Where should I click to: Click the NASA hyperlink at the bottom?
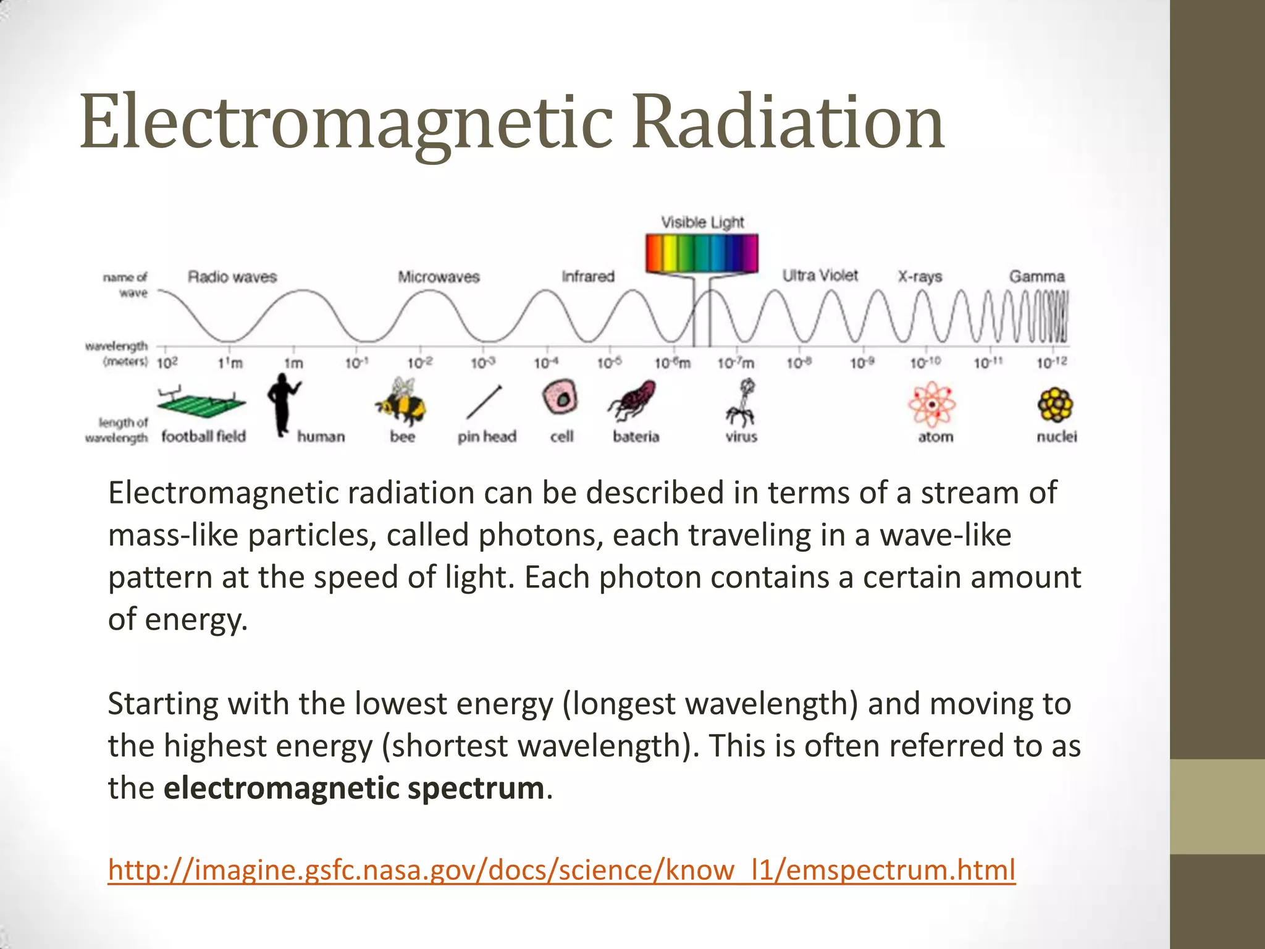[x=561, y=870]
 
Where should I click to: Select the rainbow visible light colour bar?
[x=702, y=253]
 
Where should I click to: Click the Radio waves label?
[x=232, y=277]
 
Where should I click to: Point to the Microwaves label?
[x=439, y=277]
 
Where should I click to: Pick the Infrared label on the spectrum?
[x=588, y=276]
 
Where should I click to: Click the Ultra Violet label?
[x=820, y=276]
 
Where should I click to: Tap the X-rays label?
[x=920, y=277]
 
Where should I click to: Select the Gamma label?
[x=1037, y=276]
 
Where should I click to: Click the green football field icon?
[x=201, y=403]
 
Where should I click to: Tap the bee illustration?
[x=401, y=402]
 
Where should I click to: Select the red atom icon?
[x=932, y=404]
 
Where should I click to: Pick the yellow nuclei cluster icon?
[x=1056, y=404]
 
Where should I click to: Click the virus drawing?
[x=742, y=403]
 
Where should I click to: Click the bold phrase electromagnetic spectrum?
[x=354, y=788]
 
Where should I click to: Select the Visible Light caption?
[x=702, y=222]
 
